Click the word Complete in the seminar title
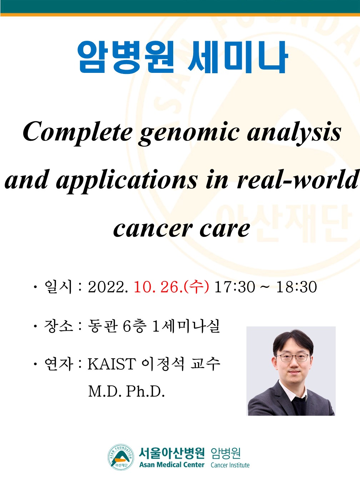77,134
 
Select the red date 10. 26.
158,287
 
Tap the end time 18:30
297,287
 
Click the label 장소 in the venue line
58,326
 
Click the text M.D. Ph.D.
126,391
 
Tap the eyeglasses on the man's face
293,358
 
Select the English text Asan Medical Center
172,465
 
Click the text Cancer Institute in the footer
230,465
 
